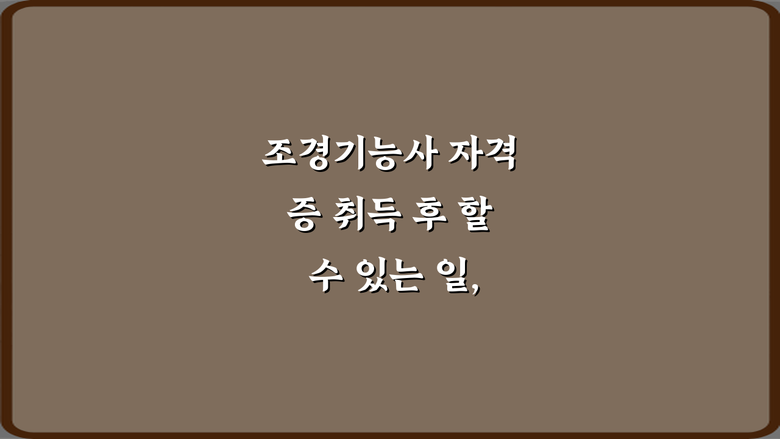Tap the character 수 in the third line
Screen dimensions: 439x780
tap(323, 277)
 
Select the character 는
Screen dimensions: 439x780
tap(405, 278)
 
